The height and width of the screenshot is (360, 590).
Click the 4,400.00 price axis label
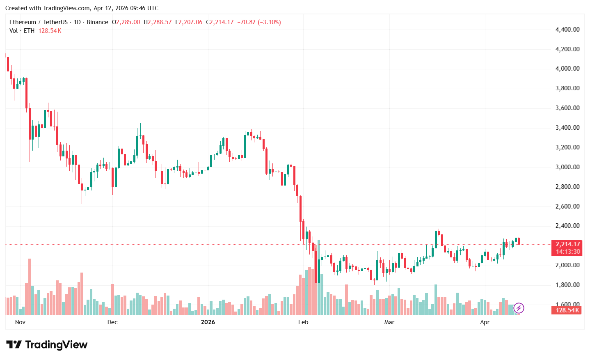coord(567,30)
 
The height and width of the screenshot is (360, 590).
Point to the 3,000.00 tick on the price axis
coord(567,167)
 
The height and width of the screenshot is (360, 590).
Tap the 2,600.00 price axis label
coord(567,206)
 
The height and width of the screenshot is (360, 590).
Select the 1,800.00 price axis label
coord(567,285)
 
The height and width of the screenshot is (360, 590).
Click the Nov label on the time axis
coord(20,322)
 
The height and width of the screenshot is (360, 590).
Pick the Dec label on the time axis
coord(112,322)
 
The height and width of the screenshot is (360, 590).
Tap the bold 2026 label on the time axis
coord(208,322)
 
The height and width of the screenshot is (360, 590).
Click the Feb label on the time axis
coord(303,322)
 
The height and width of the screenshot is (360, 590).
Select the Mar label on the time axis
coord(389,322)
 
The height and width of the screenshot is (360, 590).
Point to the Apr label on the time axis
coord(485,322)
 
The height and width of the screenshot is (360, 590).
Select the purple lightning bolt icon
coord(519,308)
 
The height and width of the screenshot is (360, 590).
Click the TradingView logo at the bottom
coord(47,345)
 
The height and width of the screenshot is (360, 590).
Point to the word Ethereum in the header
coord(23,22)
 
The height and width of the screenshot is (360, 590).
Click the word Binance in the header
coord(98,22)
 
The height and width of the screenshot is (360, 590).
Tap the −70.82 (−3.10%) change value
coord(259,22)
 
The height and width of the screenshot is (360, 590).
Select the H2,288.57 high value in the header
coord(158,22)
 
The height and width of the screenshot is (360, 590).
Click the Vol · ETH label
coord(22,31)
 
